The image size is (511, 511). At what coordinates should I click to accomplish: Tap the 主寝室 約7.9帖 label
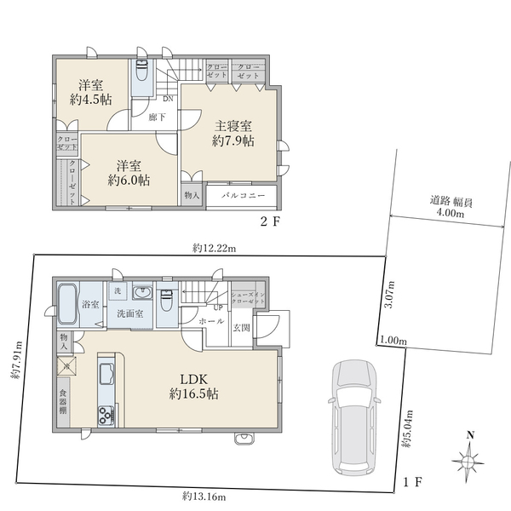tap(233, 133)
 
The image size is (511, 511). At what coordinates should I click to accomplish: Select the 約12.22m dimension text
tap(214, 248)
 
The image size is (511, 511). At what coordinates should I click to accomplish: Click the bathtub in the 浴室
tap(69, 304)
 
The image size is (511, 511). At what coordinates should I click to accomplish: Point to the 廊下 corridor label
tap(157, 118)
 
